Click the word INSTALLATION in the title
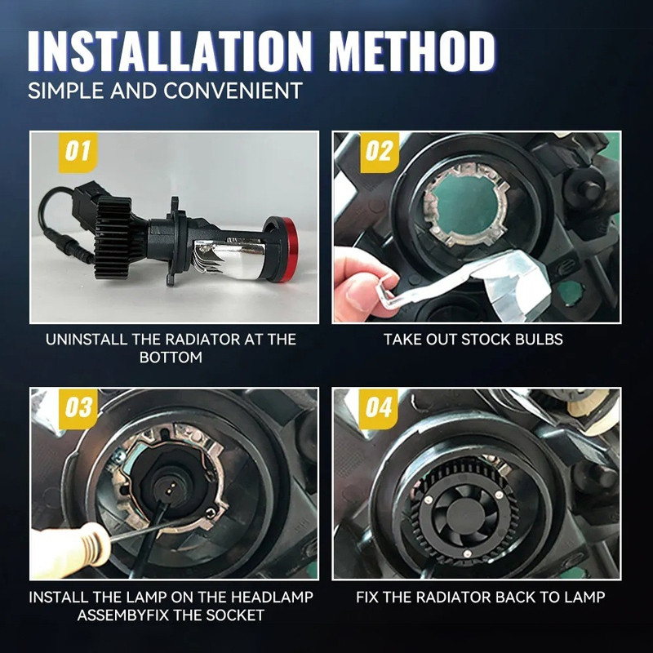[170, 51]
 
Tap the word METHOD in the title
[412, 51]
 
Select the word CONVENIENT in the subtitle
[233, 91]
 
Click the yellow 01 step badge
[78, 152]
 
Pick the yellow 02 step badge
[380, 152]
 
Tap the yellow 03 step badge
[78, 409]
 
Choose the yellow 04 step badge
[379, 409]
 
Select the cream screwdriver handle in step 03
[69, 549]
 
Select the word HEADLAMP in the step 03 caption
[272, 597]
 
